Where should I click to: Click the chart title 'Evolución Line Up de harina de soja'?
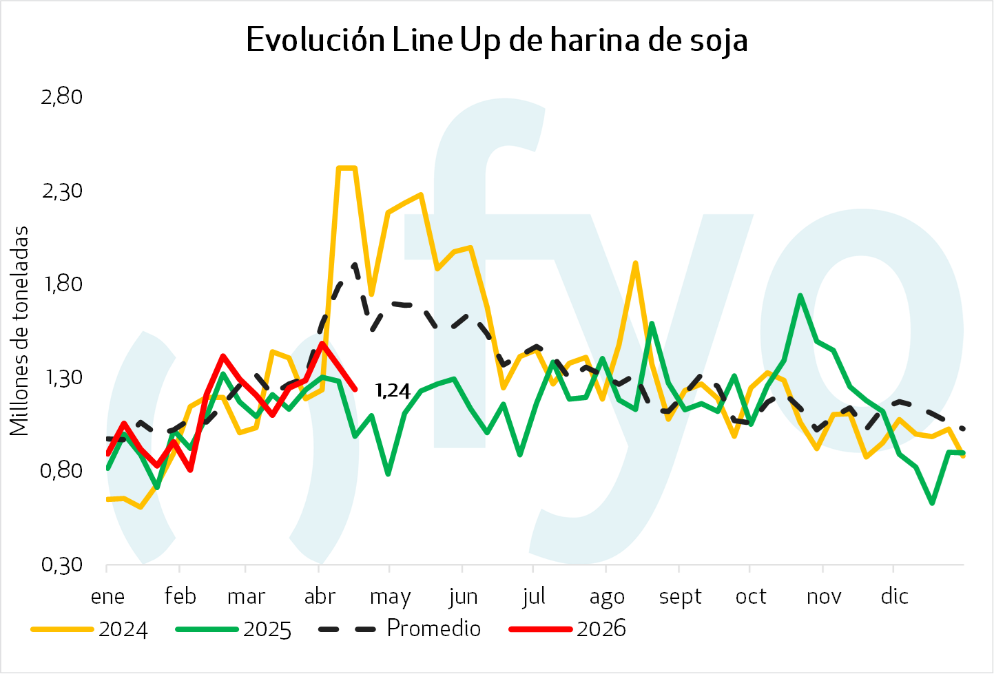[497, 41]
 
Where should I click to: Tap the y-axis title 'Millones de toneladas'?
[20, 330]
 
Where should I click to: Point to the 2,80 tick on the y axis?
[62, 96]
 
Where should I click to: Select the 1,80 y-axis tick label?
[62, 284]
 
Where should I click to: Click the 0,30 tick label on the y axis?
[62, 565]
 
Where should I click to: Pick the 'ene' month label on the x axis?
[107, 596]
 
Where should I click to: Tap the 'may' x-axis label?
[390, 597]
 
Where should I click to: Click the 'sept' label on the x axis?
[680, 597]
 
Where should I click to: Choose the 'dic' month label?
[894, 596]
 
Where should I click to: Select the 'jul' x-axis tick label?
[534, 596]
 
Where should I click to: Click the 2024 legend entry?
[90, 629]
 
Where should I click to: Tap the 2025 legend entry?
[234, 629]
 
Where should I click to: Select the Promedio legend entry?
[400, 629]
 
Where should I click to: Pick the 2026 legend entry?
[568, 629]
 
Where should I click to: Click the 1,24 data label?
[393, 391]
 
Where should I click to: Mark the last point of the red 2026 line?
[355, 389]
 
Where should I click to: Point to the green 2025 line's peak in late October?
[800, 295]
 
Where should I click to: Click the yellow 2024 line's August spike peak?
[635, 263]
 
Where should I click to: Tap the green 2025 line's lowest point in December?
[932, 503]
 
